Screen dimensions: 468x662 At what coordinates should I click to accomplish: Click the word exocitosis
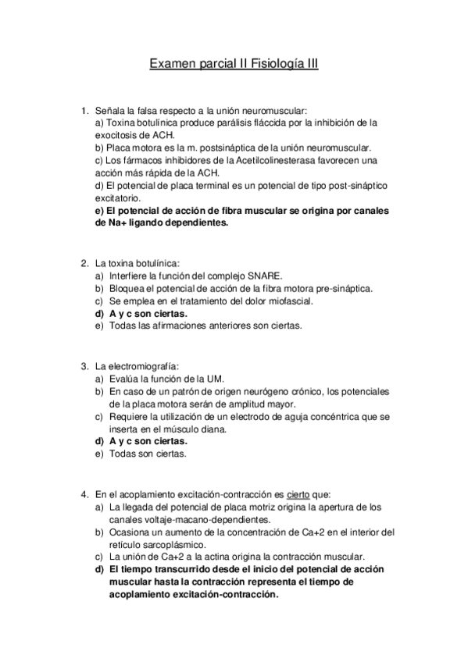[120, 135]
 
